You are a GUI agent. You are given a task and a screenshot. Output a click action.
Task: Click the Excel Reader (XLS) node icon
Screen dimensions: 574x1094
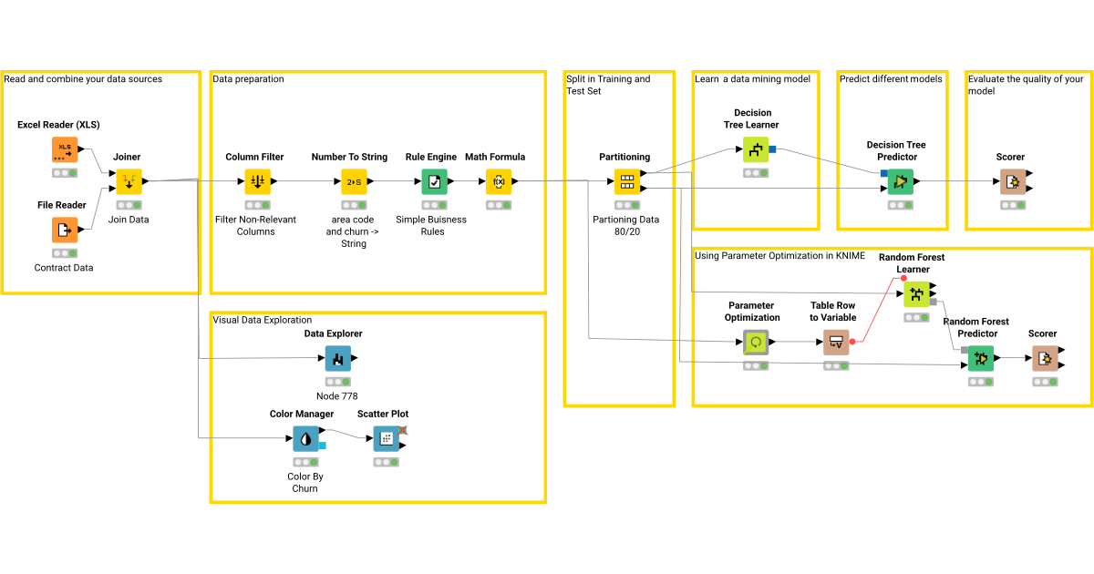coord(65,149)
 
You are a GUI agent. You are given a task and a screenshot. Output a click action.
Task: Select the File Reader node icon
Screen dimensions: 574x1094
coord(65,231)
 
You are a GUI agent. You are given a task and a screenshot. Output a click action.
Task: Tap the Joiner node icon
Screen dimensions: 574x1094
coord(129,182)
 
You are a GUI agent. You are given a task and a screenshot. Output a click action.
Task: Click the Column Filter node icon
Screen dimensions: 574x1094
coord(258,182)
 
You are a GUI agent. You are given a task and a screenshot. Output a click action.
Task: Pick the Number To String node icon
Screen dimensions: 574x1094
coord(354,182)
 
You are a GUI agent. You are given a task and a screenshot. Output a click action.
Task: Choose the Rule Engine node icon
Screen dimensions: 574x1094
coord(434,182)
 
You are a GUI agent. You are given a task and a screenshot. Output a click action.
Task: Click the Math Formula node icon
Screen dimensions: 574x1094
coord(499,182)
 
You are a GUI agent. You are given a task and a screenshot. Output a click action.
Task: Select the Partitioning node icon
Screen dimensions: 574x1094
coord(627,182)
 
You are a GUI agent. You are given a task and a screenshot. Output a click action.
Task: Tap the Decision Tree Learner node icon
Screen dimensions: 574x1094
coord(756,149)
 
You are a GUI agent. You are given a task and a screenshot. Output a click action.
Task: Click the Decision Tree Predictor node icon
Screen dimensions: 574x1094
coord(901,182)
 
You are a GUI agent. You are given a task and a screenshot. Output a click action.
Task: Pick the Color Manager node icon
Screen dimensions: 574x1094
coord(305,439)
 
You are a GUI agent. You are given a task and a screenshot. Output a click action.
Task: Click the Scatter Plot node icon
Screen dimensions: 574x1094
coord(387,439)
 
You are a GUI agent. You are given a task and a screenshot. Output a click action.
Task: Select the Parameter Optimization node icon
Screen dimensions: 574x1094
coord(756,343)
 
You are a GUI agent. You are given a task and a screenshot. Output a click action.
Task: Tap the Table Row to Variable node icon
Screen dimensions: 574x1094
coord(836,343)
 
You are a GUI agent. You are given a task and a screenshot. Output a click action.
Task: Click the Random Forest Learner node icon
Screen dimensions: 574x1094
coord(916,294)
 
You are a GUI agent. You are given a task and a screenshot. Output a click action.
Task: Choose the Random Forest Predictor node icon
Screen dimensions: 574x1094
coord(981,359)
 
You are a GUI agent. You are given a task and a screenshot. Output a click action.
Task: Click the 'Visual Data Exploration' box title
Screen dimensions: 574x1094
coord(263,320)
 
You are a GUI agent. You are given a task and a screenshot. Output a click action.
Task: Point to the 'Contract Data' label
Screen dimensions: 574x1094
coord(64,268)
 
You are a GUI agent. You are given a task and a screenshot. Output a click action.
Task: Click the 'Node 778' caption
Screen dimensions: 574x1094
coord(337,396)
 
